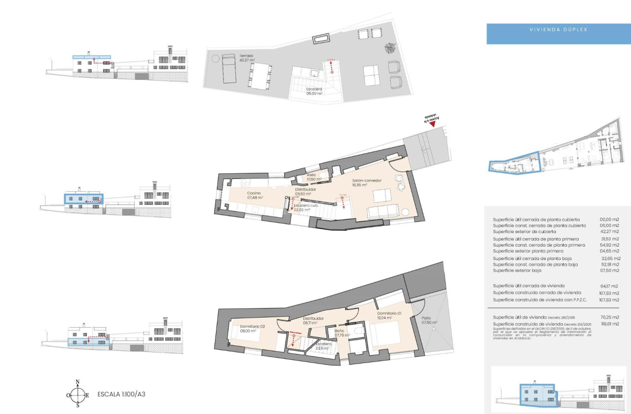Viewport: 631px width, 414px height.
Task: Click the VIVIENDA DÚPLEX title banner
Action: [558, 30]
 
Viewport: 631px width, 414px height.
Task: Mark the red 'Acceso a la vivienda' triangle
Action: [432, 124]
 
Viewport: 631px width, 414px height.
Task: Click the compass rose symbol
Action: [78, 395]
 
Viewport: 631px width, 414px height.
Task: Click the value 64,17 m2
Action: [609, 286]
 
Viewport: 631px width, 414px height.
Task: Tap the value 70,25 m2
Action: [609, 317]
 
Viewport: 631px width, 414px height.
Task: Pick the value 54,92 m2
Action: [609, 245]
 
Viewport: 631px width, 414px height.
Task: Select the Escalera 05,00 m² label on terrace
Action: [314, 92]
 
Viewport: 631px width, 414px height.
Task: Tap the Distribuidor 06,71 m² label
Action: [313, 321]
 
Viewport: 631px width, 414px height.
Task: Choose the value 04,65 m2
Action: [609, 251]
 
